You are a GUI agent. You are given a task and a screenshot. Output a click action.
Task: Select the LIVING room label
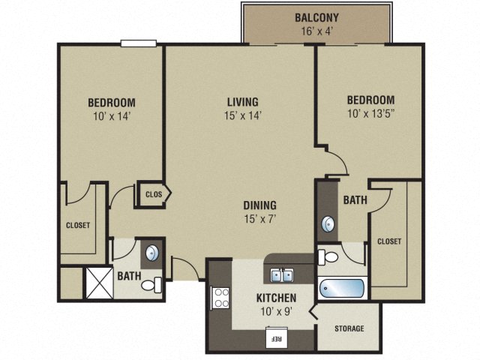pyautogui.click(x=243, y=102)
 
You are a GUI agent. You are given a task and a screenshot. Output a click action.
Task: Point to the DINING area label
pyautogui.click(x=259, y=205)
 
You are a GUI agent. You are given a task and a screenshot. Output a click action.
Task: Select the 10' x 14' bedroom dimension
pyautogui.click(x=111, y=116)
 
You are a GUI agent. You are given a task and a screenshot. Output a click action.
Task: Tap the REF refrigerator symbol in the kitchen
pyautogui.click(x=275, y=339)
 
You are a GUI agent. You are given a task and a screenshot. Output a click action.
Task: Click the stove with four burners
pyautogui.click(x=221, y=298)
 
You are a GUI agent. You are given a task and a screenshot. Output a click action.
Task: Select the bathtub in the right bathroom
pyautogui.click(x=341, y=289)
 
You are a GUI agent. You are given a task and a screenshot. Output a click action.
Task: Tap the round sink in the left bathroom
pyautogui.click(x=151, y=252)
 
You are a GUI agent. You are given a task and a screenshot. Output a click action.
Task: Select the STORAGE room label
pyautogui.click(x=349, y=328)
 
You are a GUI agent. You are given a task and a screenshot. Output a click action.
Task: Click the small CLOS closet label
pyautogui.click(x=153, y=194)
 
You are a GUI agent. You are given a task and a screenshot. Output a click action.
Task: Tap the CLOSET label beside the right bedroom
pyautogui.click(x=388, y=241)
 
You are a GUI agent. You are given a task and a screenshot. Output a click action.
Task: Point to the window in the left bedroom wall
pyautogui.click(x=139, y=43)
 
